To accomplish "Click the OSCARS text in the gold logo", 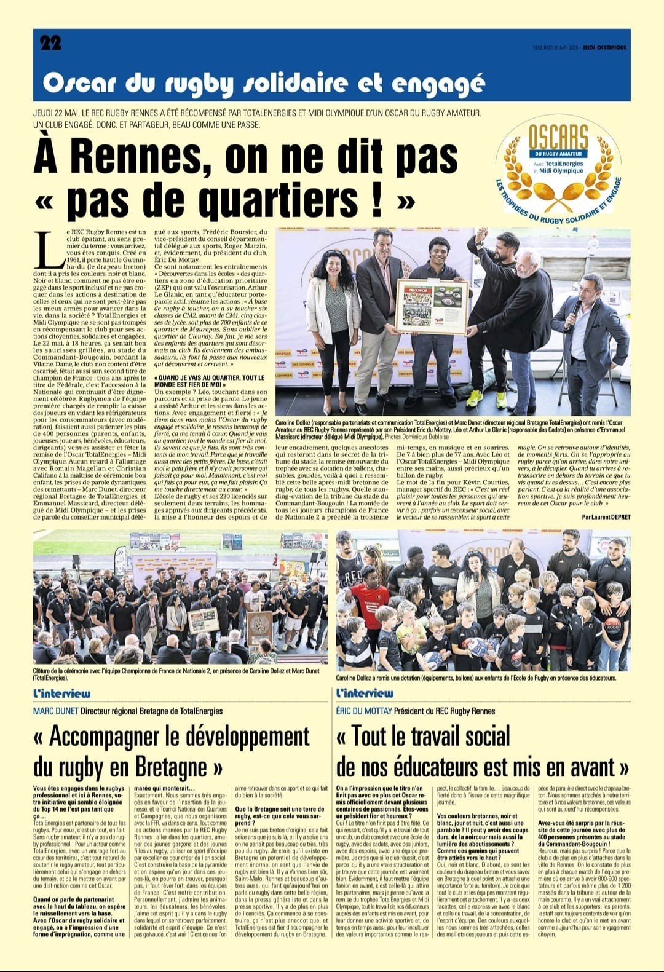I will click(x=559, y=136).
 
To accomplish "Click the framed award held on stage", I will click(x=431, y=306).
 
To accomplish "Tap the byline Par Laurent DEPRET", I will click(x=606, y=516).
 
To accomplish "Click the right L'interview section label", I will click(x=365, y=693).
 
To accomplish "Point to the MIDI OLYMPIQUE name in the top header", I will click(x=605, y=48).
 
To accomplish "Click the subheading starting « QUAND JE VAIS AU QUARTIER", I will click(x=210, y=381).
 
